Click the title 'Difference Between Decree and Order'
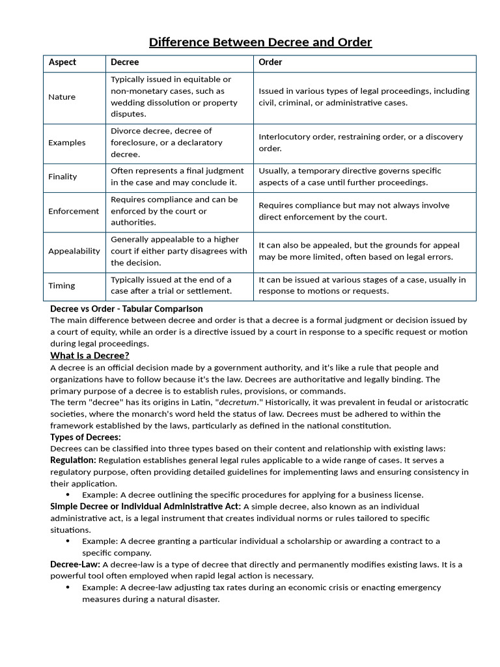tap(260, 43)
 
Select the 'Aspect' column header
tap(62, 63)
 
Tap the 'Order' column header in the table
tap(270, 63)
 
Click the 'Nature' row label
tap(62, 97)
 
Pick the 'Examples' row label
tap(67, 143)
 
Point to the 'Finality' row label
tap(62, 177)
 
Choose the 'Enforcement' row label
tap(74, 211)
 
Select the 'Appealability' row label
tap(74, 251)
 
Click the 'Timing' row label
tap(62, 285)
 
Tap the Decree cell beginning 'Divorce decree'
tap(167, 143)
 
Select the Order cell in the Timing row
tap(362, 285)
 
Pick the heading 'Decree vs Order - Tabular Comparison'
tap(126, 309)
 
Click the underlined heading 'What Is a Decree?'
tap(90, 356)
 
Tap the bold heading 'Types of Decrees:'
tap(85, 437)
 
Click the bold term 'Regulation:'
tap(74, 461)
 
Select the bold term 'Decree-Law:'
tap(75, 564)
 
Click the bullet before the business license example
tap(68, 495)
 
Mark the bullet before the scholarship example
tap(68, 541)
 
